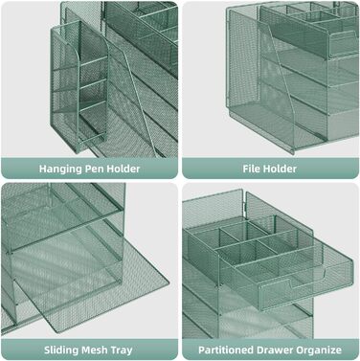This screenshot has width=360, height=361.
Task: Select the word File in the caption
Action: tap(250, 169)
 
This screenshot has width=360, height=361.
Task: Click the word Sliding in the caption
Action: tap(60, 350)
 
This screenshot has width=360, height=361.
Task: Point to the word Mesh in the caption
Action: tap(94, 350)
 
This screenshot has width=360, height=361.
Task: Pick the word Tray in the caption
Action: tap(122, 350)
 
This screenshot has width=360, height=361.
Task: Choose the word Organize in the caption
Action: tap(318, 350)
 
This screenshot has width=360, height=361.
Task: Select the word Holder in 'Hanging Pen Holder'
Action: tap(124, 169)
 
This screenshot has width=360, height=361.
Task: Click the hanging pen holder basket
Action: tap(80, 86)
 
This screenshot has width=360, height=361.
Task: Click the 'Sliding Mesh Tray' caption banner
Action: tap(89, 350)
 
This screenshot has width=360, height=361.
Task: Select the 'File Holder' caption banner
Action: tap(270, 168)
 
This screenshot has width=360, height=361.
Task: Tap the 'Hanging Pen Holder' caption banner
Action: tap(89, 168)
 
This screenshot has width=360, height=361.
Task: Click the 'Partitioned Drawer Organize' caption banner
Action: tap(270, 350)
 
